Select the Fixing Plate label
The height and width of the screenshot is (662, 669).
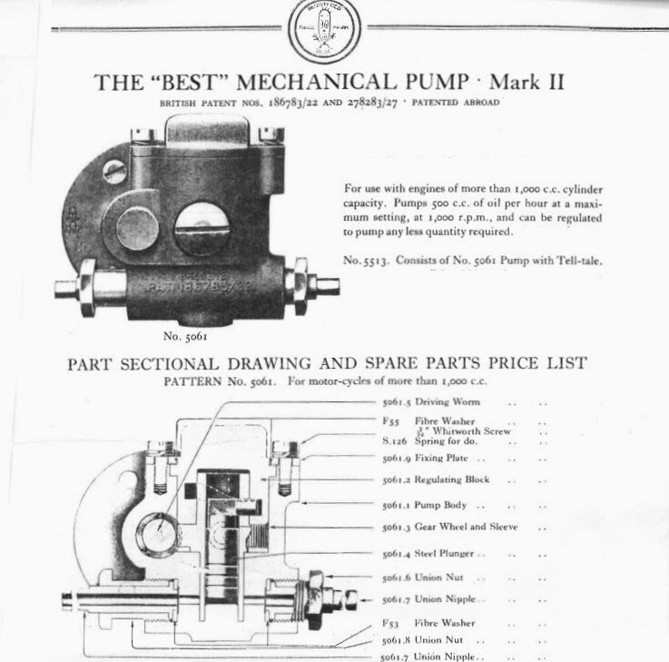(443, 459)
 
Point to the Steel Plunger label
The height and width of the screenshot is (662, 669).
(446, 553)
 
